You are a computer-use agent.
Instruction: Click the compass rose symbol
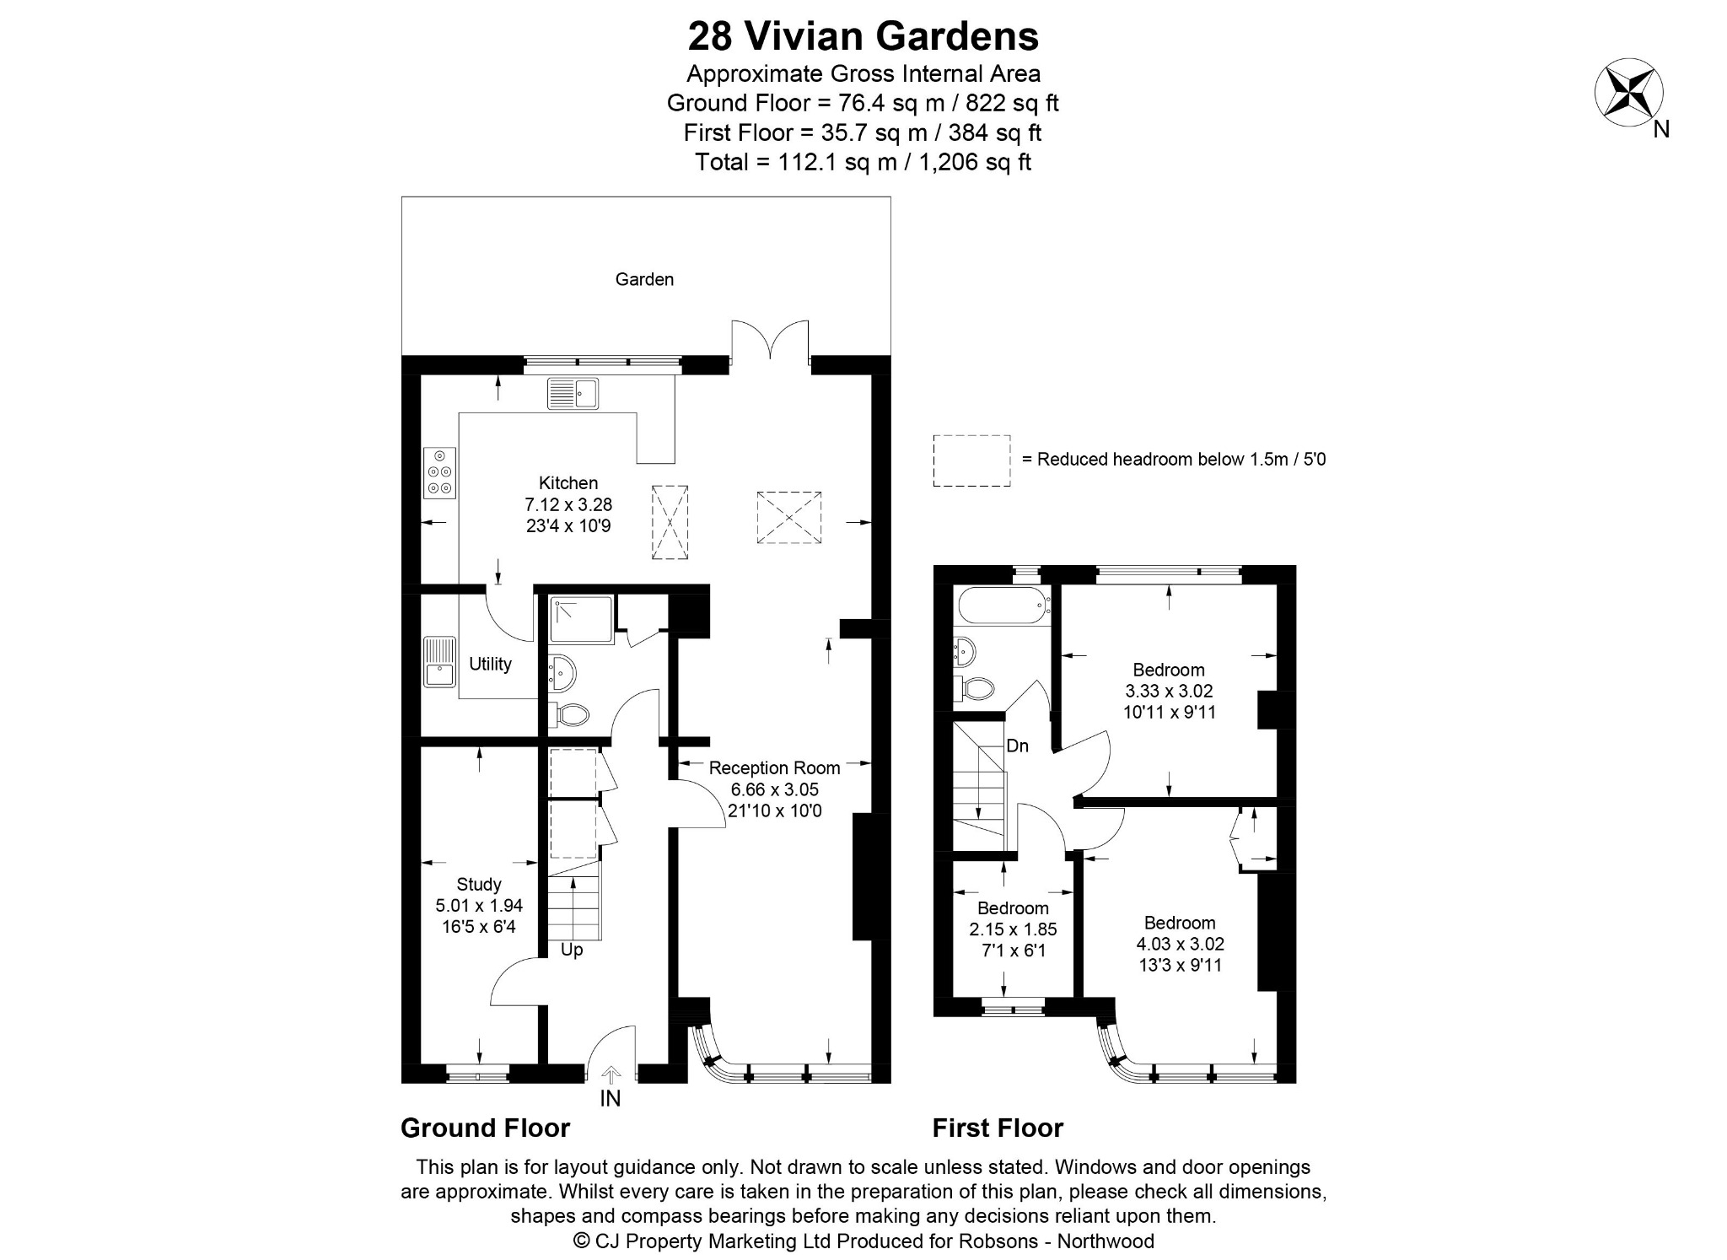pyautogui.click(x=1628, y=93)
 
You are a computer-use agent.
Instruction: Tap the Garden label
pyautogui.click(x=644, y=279)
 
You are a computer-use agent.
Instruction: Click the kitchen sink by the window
pyautogui.click(x=573, y=393)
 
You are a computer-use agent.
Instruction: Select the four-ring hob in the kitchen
pyautogui.click(x=439, y=471)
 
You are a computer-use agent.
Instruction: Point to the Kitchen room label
pyautogui.click(x=568, y=483)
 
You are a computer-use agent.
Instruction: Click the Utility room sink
pyautogui.click(x=438, y=662)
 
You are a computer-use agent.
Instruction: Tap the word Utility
pyautogui.click(x=490, y=664)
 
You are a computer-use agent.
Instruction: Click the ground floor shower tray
pyautogui.click(x=581, y=620)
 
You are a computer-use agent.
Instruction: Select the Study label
pyautogui.click(x=479, y=885)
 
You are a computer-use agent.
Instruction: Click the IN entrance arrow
pyautogui.click(x=611, y=1074)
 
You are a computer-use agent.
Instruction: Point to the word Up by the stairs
pyautogui.click(x=572, y=950)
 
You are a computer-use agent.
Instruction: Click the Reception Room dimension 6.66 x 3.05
pyautogui.click(x=774, y=789)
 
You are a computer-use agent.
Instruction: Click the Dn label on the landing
pyautogui.click(x=1018, y=746)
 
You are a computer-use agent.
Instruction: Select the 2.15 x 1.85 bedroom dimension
pyautogui.click(x=1013, y=929)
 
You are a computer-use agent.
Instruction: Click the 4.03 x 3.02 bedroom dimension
pyautogui.click(x=1180, y=944)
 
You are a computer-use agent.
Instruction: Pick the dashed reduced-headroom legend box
pyautogui.click(x=971, y=460)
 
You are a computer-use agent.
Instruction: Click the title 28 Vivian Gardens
pyautogui.click(x=863, y=36)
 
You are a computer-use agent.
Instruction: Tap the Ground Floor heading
pyautogui.click(x=485, y=1128)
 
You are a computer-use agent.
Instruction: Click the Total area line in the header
pyautogui.click(x=863, y=162)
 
